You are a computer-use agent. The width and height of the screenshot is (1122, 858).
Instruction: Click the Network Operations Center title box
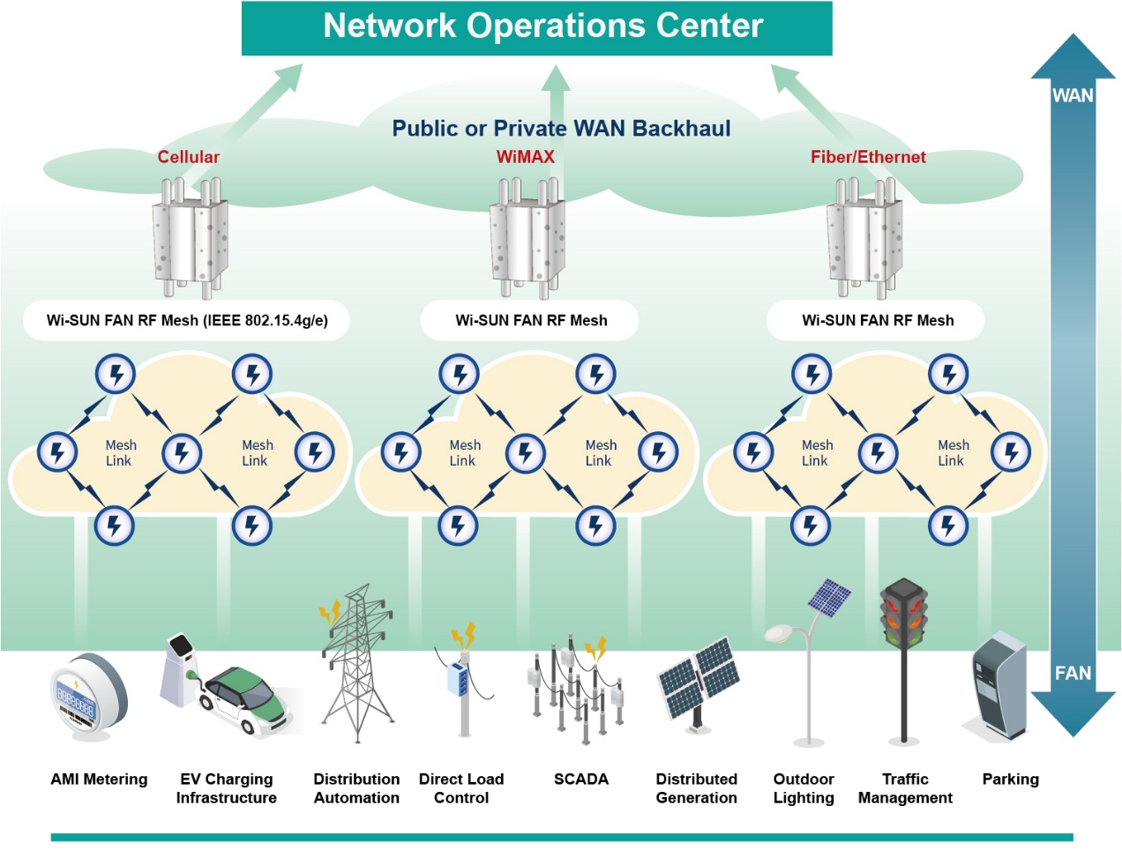pyautogui.click(x=537, y=27)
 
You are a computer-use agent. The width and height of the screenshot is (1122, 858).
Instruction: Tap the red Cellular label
pyautogui.click(x=188, y=157)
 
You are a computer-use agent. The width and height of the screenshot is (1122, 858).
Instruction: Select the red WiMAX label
pyautogui.click(x=526, y=157)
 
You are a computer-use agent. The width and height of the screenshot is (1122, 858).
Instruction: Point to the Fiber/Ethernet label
pyautogui.click(x=868, y=157)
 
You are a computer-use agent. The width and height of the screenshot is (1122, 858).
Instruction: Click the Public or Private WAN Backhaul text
pyautogui.click(x=561, y=129)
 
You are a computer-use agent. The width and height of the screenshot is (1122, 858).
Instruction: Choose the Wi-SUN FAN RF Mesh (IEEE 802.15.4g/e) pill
pyautogui.click(x=187, y=320)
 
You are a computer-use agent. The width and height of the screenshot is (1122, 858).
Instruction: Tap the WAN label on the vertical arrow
pyautogui.click(x=1073, y=95)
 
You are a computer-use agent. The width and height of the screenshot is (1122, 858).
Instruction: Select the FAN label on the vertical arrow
pyautogui.click(x=1073, y=674)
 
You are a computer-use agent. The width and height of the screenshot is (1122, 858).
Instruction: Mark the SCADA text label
pyautogui.click(x=581, y=780)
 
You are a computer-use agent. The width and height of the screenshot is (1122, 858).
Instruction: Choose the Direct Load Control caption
pyautogui.click(x=461, y=788)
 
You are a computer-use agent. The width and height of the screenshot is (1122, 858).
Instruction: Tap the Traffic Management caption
pyautogui.click(x=905, y=788)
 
